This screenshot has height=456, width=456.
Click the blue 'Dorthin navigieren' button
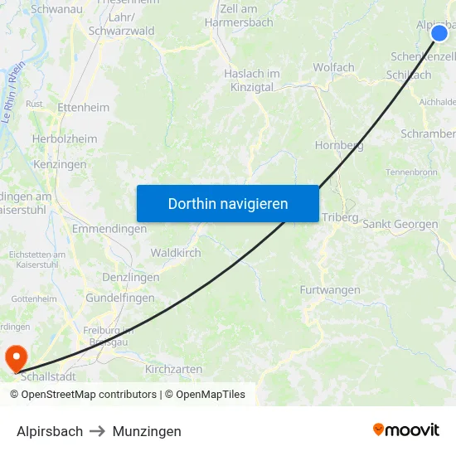pos(228,203)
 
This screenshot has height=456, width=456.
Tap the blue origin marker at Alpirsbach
pos(439,33)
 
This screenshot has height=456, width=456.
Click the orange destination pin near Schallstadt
pos(16,358)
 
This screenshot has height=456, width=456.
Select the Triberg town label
pos(340,217)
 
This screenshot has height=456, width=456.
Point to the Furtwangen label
pos(330,290)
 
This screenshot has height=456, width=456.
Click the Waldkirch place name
pos(176,253)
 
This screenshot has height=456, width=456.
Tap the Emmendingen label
pos(109,228)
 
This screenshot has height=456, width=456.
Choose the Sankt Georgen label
pos(400,224)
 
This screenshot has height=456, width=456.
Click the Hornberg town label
pos(339,145)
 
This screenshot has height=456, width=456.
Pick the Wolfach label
pos(333,67)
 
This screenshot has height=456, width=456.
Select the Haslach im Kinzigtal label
pos(252,80)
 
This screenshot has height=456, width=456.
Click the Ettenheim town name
pos(83,108)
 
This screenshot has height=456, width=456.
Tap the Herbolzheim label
pos(65,139)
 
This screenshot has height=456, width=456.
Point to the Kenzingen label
pos(60,164)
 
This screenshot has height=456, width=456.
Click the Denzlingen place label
pos(130,277)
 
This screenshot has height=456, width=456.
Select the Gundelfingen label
pos(120,298)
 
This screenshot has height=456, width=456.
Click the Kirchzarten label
pos(173,369)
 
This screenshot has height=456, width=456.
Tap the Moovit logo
pos(406,429)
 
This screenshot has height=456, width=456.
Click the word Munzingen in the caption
pos(147,431)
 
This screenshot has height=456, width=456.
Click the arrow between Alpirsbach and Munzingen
pos(98,431)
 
